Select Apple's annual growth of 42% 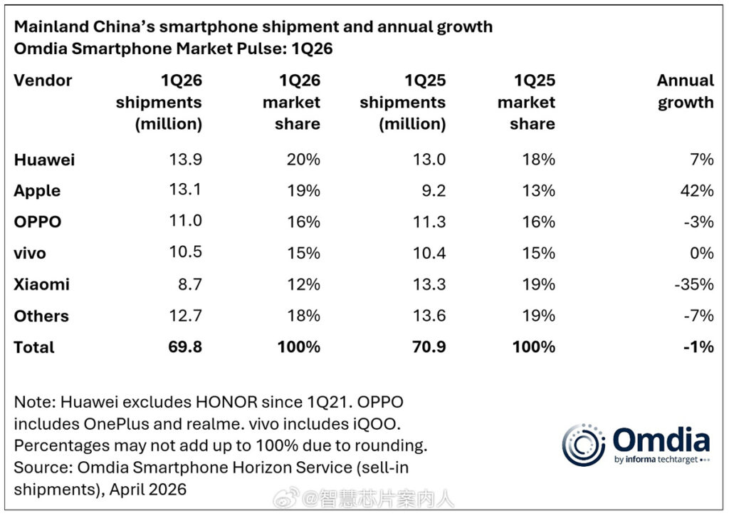tap(698, 191)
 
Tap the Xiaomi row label tap(41, 284)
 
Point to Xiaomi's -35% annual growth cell tap(695, 284)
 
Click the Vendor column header tap(43, 81)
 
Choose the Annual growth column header tap(685, 91)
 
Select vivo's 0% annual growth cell tap(701, 253)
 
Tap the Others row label tap(41, 316)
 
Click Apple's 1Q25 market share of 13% tap(537, 191)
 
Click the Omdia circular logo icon tap(583, 445)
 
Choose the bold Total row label tap(34, 347)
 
